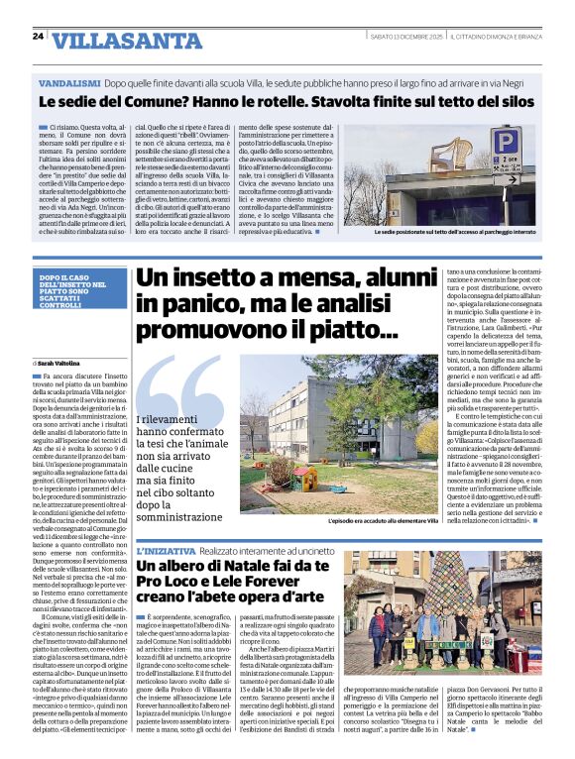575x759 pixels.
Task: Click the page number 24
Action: pos(38,36)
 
